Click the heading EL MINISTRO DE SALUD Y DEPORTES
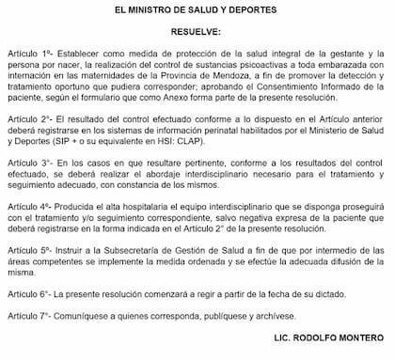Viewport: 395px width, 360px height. pos(197,9)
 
